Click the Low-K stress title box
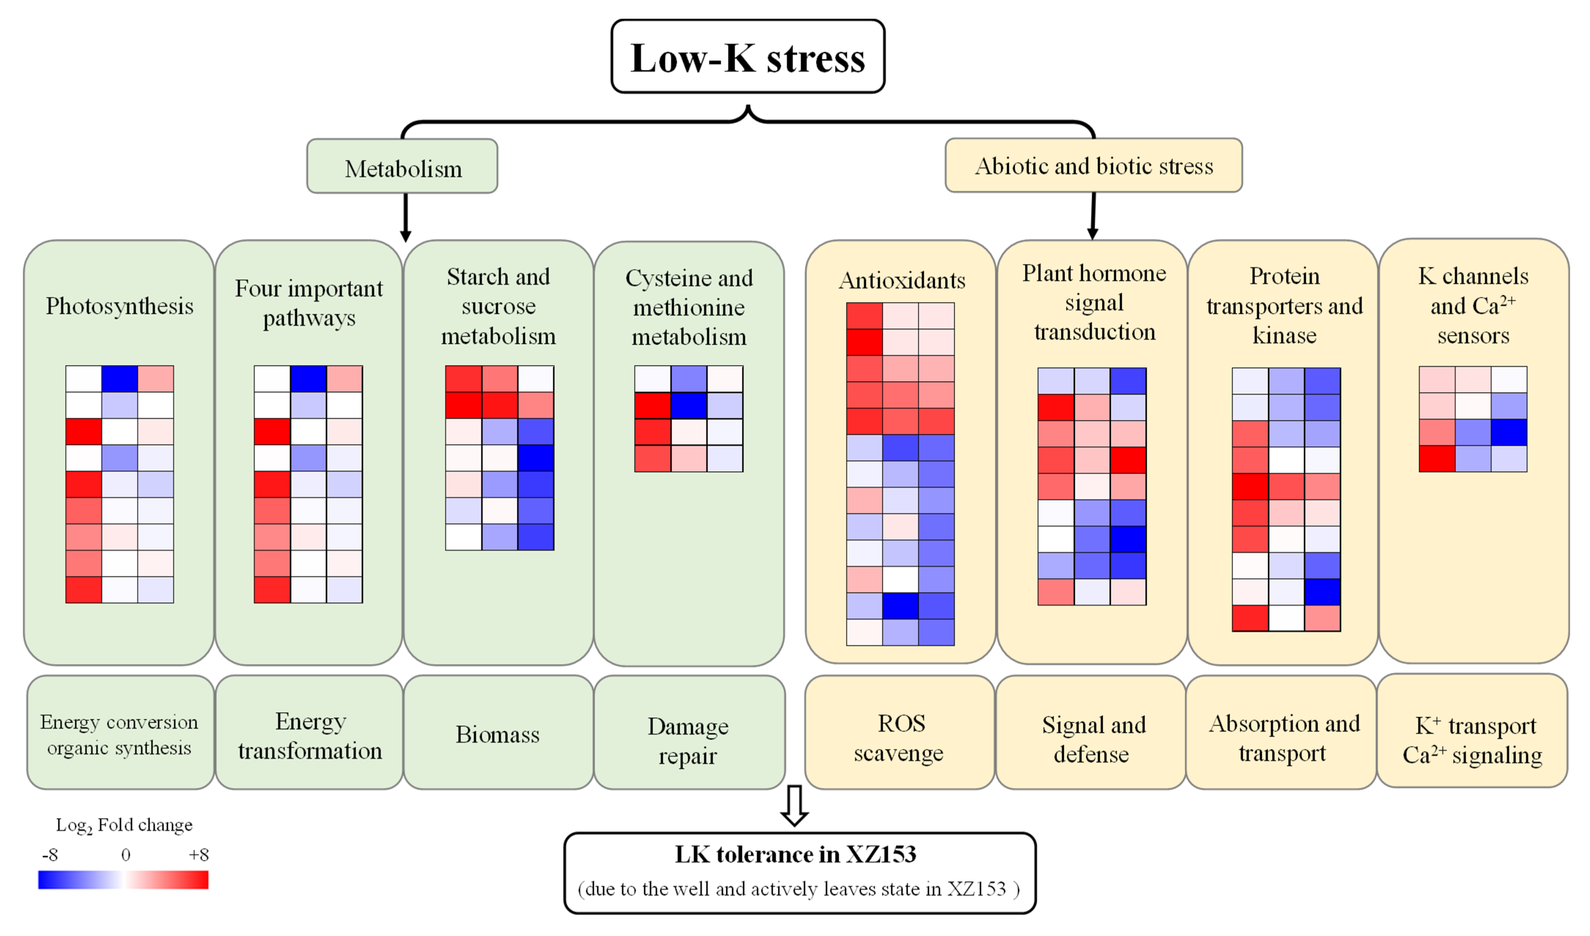(x=748, y=57)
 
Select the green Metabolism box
(x=402, y=166)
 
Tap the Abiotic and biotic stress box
(x=1093, y=165)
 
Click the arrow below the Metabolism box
(x=406, y=218)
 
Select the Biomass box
(x=498, y=733)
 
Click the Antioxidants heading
(x=902, y=280)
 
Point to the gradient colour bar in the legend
(x=123, y=880)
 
